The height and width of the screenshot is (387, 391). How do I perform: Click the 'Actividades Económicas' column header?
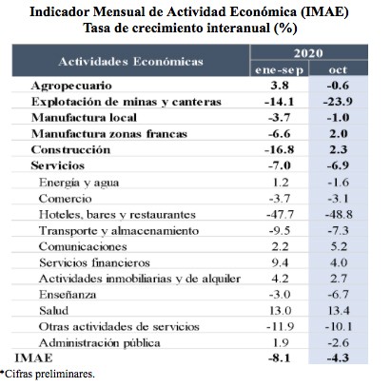click(x=130, y=61)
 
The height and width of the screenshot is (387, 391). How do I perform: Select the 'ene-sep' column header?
click(x=280, y=69)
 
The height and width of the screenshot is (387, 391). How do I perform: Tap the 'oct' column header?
click(x=338, y=69)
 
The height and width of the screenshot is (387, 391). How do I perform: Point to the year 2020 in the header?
click(x=308, y=52)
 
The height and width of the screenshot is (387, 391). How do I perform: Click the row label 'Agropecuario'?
click(x=71, y=86)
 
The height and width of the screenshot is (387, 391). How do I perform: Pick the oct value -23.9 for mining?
click(x=338, y=102)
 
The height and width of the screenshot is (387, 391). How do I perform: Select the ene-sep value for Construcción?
click(x=280, y=149)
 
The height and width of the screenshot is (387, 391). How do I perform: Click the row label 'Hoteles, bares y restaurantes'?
click(x=117, y=215)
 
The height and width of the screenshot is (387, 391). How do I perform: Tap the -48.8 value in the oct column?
click(x=339, y=215)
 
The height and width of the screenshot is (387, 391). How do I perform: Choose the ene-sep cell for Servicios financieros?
click(x=280, y=262)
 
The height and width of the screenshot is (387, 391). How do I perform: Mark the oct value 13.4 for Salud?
click(x=339, y=310)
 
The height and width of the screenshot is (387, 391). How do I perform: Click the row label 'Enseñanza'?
click(x=68, y=295)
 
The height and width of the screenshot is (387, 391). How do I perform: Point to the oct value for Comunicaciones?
click(x=339, y=246)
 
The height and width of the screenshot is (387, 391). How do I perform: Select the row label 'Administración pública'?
click(x=100, y=343)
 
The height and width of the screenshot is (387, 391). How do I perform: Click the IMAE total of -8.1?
click(x=280, y=358)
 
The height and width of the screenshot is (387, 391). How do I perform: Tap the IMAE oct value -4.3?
click(x=338, y=358)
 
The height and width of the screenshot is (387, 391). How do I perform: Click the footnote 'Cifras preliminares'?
click(x=49, y=374)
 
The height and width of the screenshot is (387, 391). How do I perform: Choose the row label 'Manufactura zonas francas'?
click(x=109, y=134)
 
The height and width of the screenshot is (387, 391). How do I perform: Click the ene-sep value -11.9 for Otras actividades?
click(x=280, y=326)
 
